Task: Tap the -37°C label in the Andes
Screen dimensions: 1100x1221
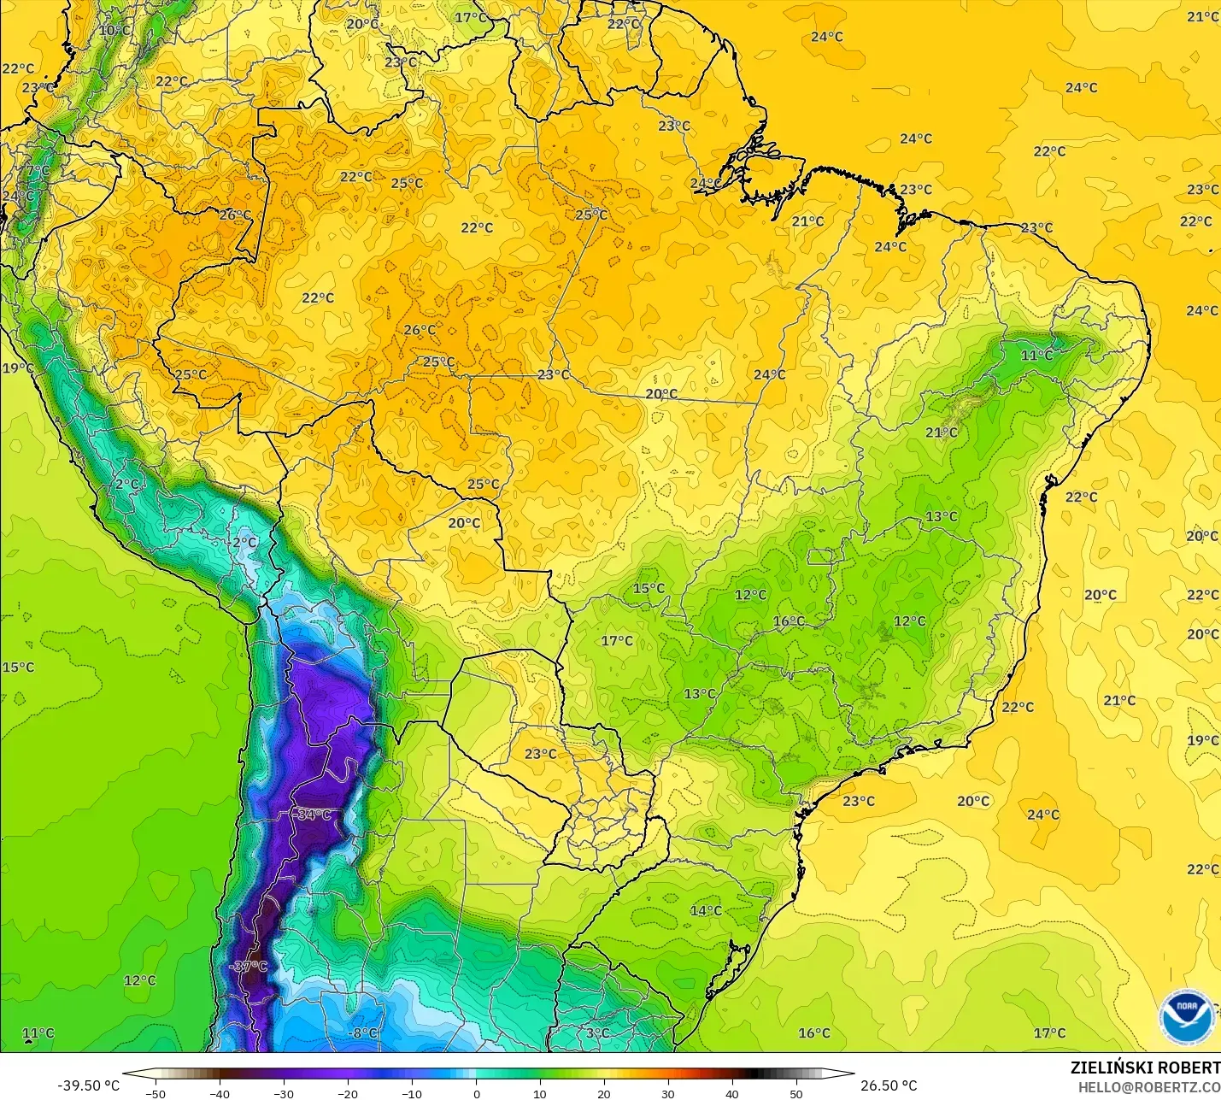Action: [248, 967]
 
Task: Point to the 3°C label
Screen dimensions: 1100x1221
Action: [597, 1032]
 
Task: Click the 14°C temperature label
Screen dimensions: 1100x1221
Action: [706, 910]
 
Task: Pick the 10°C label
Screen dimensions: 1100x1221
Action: [114, 30]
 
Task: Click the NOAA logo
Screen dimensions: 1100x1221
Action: [1186, 1016]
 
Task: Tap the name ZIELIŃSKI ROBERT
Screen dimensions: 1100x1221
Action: [1145, 1068]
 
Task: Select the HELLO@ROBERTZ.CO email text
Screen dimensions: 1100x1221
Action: [1148, 1087]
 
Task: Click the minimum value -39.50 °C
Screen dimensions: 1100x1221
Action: [89, 1085]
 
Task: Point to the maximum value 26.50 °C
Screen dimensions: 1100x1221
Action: [889, 1085]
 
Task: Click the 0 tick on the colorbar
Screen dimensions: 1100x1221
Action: [476, 1093]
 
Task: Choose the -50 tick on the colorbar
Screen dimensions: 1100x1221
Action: [156, 1093]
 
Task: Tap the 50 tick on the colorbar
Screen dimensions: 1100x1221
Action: [796, 1093]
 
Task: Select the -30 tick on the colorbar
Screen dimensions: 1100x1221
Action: [284, 1093]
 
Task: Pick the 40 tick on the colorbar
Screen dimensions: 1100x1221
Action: [732, 1093]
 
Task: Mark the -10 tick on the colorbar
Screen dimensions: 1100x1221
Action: [412, 1093]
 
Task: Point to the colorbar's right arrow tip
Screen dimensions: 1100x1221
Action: [853, 1074]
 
